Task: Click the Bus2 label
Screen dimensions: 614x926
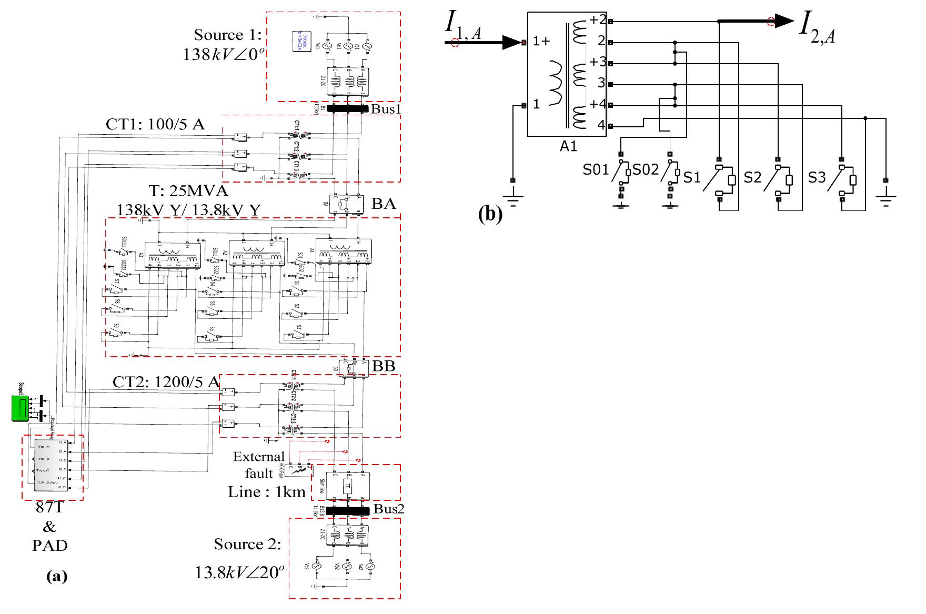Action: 389,509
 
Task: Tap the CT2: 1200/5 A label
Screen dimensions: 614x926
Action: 166,382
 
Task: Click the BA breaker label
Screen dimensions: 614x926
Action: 384,204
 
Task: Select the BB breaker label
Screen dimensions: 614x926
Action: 384,367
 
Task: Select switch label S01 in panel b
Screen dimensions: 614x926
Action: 595,169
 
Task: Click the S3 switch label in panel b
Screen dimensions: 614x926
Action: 817,178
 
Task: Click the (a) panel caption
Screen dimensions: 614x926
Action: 57,577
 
